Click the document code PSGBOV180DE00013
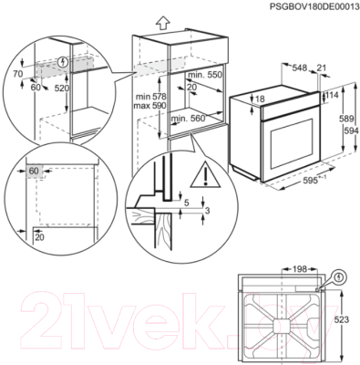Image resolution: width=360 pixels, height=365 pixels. coord(314,7)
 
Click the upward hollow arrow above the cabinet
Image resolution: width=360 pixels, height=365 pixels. coord(163,23)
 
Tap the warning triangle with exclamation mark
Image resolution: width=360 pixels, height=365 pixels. coord(205,177)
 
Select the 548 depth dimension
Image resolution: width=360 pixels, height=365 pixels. coord(300,68)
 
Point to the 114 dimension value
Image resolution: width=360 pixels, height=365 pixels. coord(332,95)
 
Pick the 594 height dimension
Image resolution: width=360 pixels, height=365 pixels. coord(351,130)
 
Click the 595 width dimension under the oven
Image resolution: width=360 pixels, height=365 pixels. coord(313,180)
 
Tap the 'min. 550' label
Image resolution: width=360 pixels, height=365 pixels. coord(205,75)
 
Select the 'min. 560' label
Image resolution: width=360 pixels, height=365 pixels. coord(188,119)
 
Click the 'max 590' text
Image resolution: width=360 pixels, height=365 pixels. coord(149,106)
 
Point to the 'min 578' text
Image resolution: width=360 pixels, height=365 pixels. coord(151,97)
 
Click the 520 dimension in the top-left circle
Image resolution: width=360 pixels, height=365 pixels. coord(62,89)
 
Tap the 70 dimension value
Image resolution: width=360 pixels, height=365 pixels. coord(18,74)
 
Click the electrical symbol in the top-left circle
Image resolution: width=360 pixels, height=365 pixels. coord(63,62)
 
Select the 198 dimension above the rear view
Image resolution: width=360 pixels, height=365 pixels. coord(300,269)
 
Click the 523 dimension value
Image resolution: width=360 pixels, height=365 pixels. coord(342,319)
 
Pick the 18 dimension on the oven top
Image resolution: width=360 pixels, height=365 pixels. coord(261,99)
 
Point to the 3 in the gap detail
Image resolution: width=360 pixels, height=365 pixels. coord(208,211)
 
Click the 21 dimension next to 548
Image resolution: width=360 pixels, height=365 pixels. coord(321,68)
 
